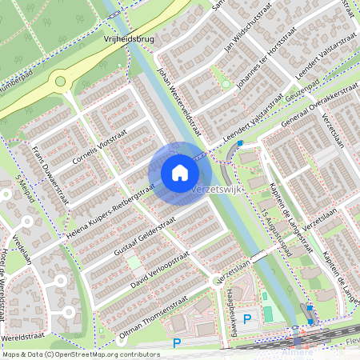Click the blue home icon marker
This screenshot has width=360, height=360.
point(179,173)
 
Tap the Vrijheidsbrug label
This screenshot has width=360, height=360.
point(128,37)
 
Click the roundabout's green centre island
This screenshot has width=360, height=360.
point(60,81)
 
